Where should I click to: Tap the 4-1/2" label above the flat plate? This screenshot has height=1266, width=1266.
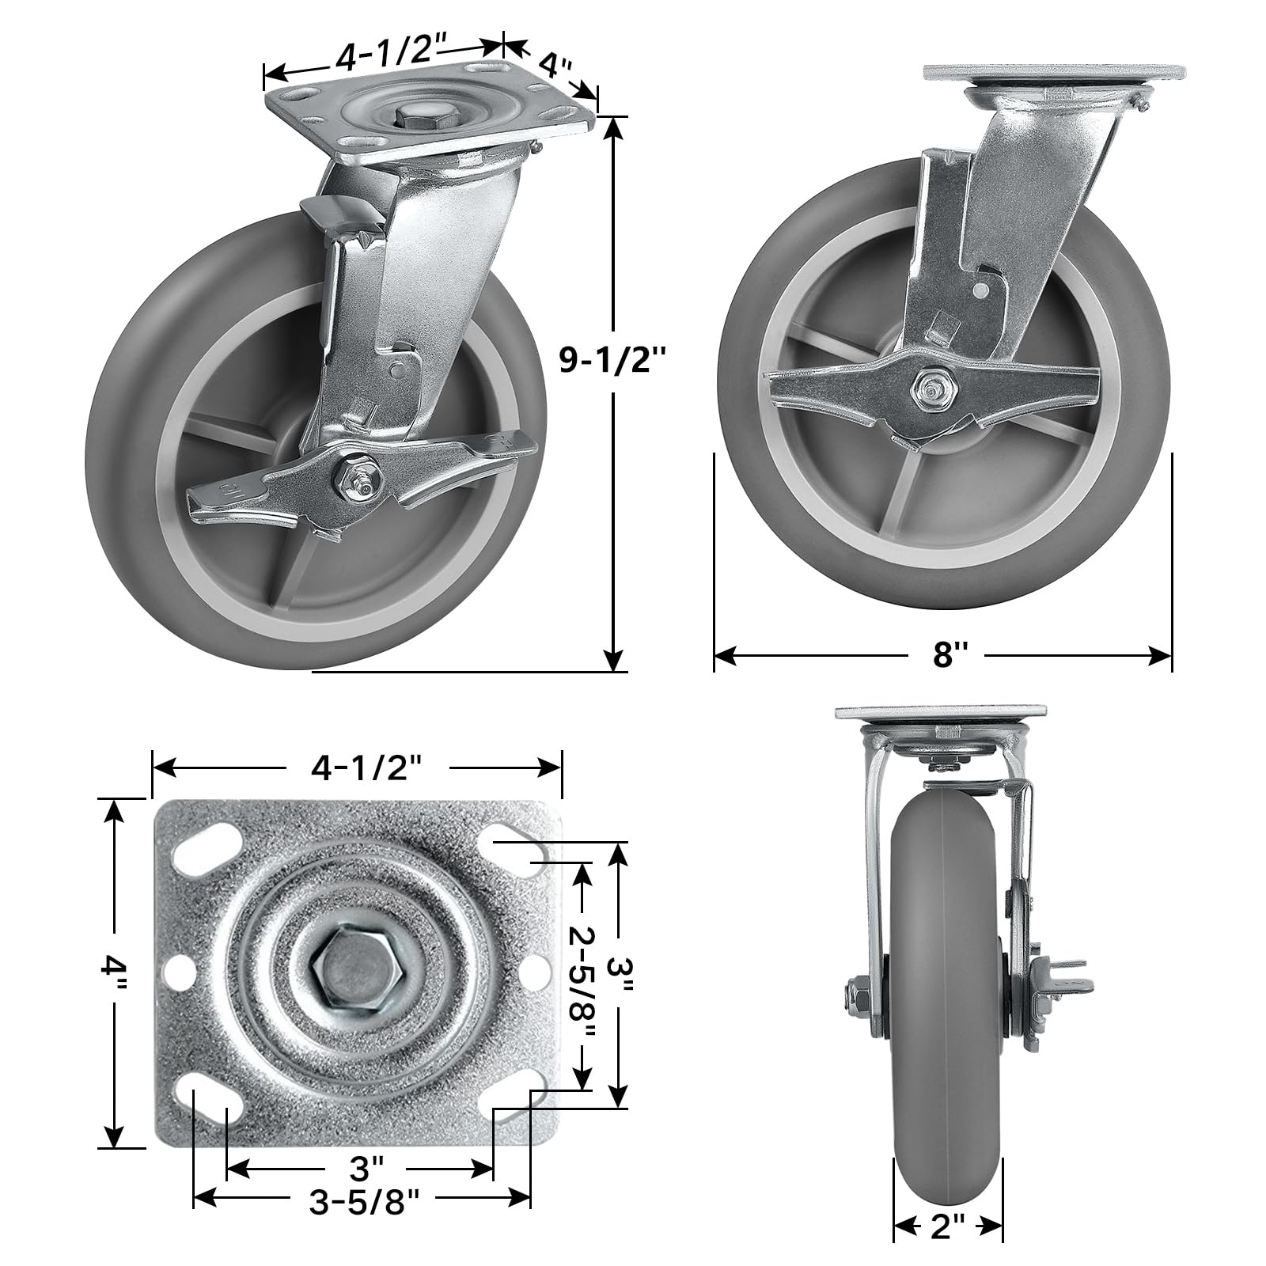point(358,767)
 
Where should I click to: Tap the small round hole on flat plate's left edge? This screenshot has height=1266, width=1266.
point(178,969)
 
